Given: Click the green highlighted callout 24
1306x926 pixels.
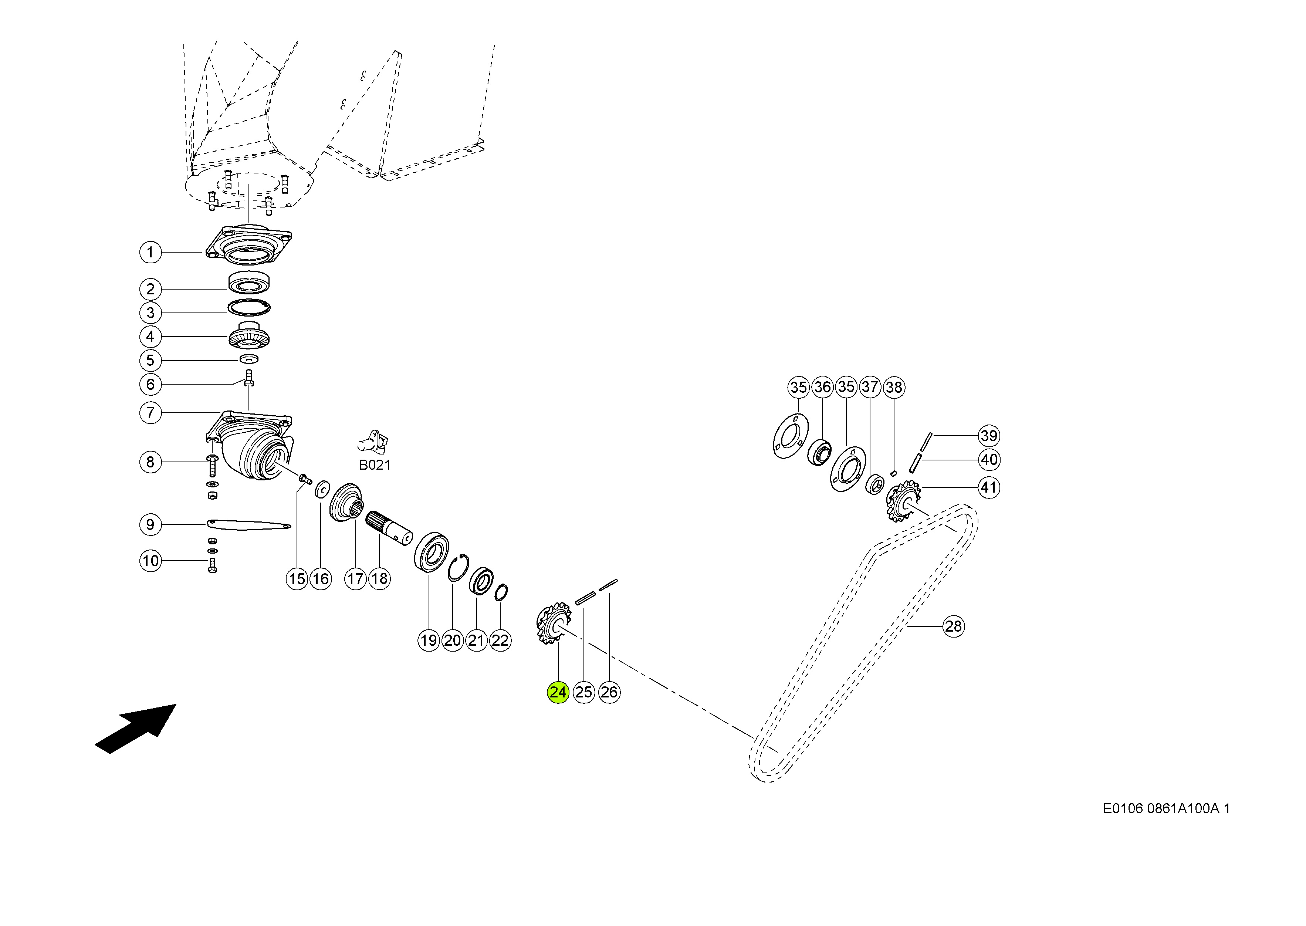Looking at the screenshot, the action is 558,692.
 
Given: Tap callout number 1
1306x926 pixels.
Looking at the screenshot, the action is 150,252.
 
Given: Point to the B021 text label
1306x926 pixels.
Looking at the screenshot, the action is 375,465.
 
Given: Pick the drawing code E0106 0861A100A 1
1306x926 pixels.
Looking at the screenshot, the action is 1166,808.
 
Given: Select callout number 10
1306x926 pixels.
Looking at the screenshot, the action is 150,561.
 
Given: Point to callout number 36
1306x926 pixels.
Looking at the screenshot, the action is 822,387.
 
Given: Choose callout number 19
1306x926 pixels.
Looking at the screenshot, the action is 428,641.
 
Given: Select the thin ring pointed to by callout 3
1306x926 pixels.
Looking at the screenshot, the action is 249,308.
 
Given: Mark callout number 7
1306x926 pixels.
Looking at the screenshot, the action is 150,413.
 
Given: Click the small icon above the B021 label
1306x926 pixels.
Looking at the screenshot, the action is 374,440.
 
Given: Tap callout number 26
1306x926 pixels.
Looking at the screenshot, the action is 609,692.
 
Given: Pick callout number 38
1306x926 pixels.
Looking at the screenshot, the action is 893,387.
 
